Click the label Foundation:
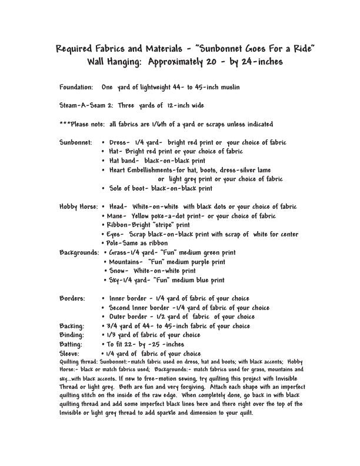pos(76,87)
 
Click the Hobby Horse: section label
pos(79,207)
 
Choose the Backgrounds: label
pos(79,252)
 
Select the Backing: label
pos(72,326)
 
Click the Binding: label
pos(72,335)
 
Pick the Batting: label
pos(72,344)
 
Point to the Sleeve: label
pos(71,353)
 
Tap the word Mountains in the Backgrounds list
pos(126,262)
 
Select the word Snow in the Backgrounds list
pos(119,271)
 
